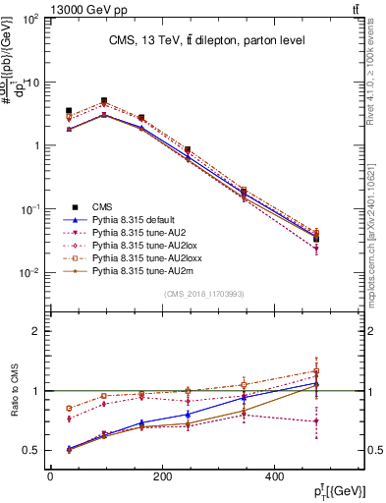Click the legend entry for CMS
(102, 205)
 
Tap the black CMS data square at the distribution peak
(103, 101)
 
